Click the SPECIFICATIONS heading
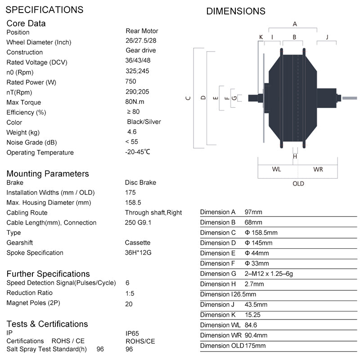45,9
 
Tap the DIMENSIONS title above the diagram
236,11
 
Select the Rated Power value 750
130,81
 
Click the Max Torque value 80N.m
135,102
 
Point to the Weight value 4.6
132,132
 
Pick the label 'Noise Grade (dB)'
34,143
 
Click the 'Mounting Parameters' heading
48,174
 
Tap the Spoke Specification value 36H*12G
138,252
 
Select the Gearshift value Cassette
138,243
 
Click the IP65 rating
133,333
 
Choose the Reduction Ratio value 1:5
130,293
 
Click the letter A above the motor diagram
295,23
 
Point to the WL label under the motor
277,170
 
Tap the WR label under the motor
318,170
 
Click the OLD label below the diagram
298,184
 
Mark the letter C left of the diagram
188,98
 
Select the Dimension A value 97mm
253,212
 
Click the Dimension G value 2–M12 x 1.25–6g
269,274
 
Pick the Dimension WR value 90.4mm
256,335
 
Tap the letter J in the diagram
327,36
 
